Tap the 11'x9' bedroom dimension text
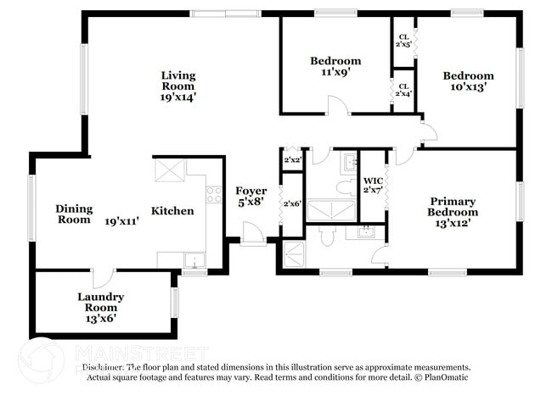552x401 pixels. tap(335, 73)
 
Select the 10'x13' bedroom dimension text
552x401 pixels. tap(468, 87)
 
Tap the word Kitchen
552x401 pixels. tap(172, 211)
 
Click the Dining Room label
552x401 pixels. tap(73, 214)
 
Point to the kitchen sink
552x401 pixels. tap(194, 260)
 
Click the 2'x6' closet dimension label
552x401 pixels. tap(292, 203)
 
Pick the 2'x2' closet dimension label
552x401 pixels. tap(292, 159)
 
